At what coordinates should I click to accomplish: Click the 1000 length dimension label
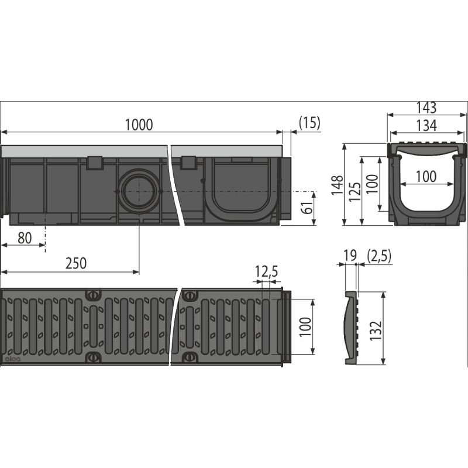pyautogui.click(x=139, y=125)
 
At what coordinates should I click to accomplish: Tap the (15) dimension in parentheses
pyautogui.click(x=309, y=123)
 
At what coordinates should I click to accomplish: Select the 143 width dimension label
pyautogui.click(x=427, y=108)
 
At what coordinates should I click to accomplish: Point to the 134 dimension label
pyautogui.click(x=427, y=126)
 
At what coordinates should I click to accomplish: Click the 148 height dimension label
pyautogui.click(x=337, y=185)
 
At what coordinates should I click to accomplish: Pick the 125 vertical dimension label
pyautogui.click(x=355, y=191)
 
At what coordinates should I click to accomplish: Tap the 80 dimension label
pyautogui.click(x=25, y=238)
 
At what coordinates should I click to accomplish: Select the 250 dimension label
pyautogui.click(x=76, y=263)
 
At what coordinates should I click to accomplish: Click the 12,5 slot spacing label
pyautogui.click(x=266, y=271)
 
